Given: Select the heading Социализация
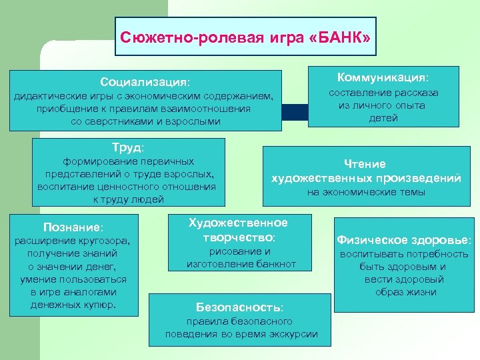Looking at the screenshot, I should (x=145, y=82).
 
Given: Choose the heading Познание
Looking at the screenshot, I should (x=73, y=227).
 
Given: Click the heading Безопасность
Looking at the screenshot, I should (x=239, y=307).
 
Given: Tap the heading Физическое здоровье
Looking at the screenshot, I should (x=403, y=239).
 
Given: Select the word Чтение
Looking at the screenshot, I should (x=365, y=163).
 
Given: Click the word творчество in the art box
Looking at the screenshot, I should (x=239, y=237).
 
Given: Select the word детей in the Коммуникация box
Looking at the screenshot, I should (x=383, y=118).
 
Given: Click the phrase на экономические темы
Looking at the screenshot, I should (x=365, y=193).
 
